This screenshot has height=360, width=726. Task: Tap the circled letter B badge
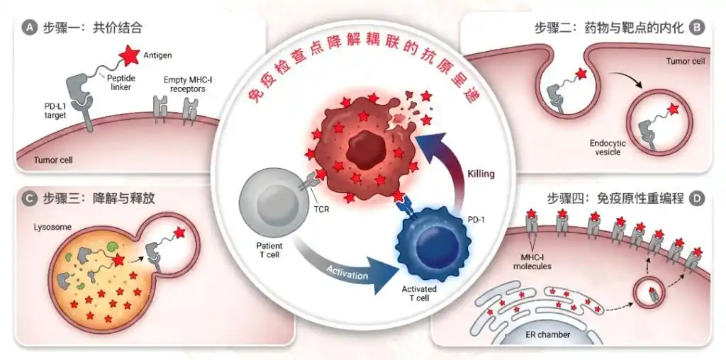pyautogui.click(x=697, y=28)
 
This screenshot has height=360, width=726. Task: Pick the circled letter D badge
pyautogui.click(x=697, y=198)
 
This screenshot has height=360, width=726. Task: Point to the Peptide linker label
pyautogui.click(x=122, y=82)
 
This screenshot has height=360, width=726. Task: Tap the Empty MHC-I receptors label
pyautogui.click(x=183, y=84)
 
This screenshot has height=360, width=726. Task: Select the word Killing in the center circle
pyautogui.click(x=481, y=173)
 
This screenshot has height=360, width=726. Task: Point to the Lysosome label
pyautogui.click(x=50, y=228)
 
